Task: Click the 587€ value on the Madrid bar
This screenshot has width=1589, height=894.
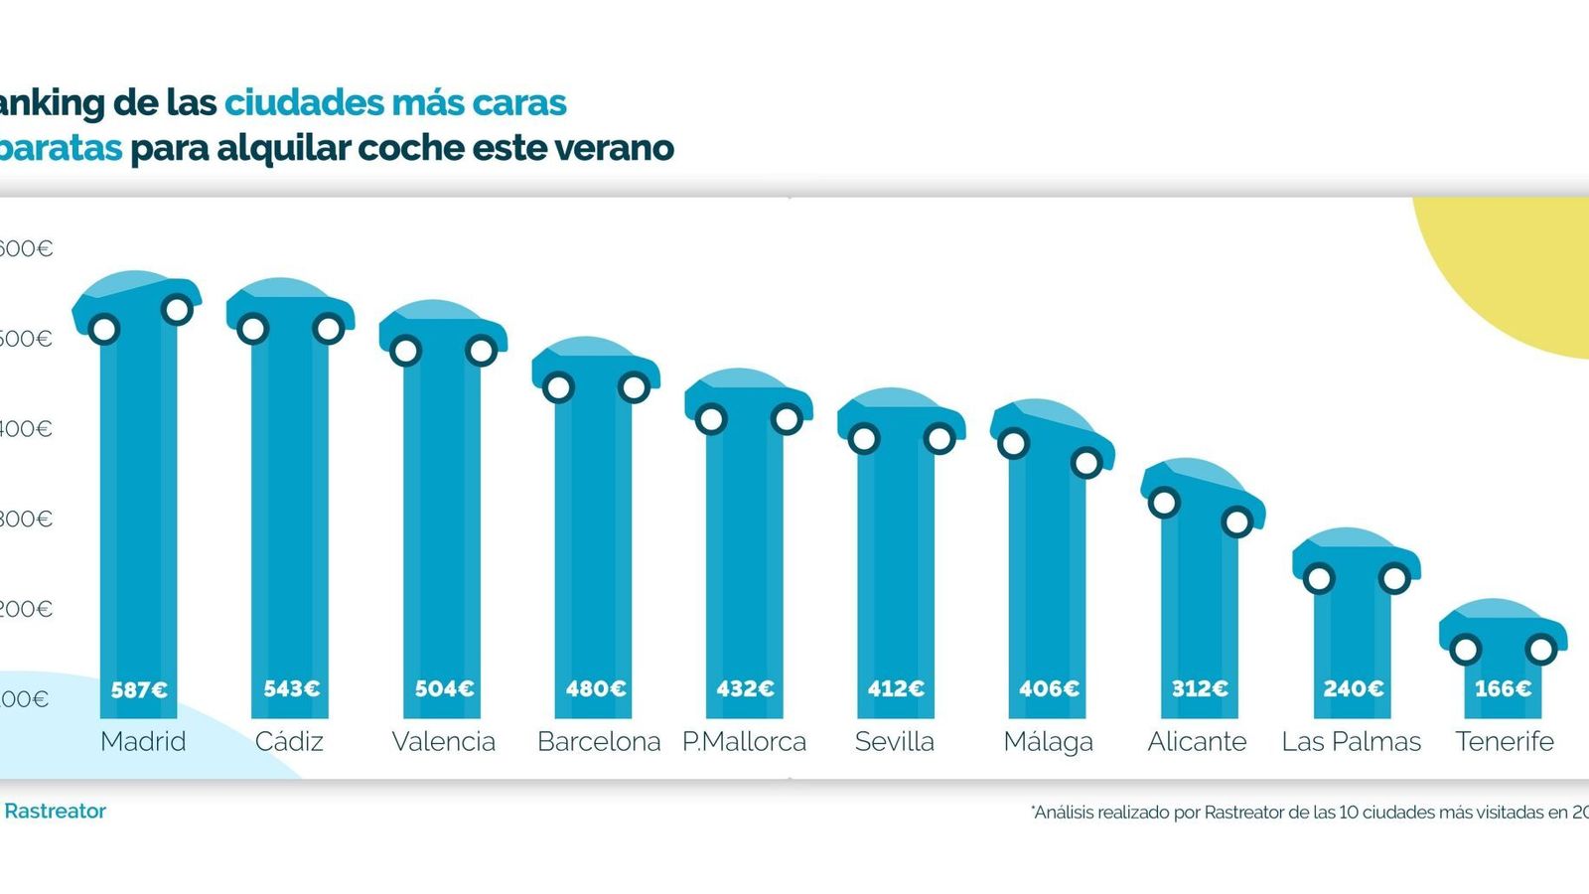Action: [139, 688]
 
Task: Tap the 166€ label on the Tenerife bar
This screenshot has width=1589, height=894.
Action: [1503, 688]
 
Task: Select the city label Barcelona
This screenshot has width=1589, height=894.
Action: [599, 742]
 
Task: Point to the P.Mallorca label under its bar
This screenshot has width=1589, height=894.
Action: [744, 742]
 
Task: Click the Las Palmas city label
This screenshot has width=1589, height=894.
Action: [1351, 742]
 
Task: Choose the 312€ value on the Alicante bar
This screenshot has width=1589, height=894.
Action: [1200, 688]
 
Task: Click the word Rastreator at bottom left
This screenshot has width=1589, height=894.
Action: [55, 811]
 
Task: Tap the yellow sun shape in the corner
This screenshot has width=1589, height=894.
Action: [1519, 268]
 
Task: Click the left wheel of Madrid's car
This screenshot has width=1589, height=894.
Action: [104, 329]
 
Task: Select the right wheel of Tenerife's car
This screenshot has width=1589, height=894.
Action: [1541, 650]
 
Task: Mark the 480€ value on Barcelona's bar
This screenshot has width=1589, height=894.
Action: [596, 688]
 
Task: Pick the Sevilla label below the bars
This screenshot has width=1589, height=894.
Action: [894, 742]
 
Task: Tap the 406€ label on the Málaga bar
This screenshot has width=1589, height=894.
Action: [1049, 688]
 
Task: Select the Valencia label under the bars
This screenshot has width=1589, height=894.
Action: [443, 742]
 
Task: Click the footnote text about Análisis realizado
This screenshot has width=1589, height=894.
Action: [1309, 813]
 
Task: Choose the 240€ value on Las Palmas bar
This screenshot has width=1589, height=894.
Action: [1353, 688]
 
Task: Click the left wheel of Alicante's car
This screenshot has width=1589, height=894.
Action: [1164, 503]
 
